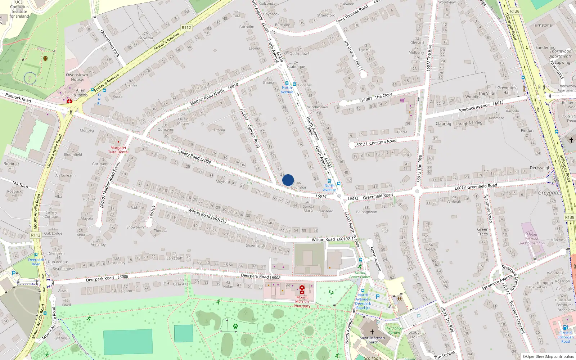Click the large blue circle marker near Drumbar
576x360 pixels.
pos(288,180)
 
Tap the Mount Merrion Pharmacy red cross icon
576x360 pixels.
pos(302,288)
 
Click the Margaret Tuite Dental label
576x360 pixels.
pos(118,150)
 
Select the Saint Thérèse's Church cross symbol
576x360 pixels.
pos(372,332)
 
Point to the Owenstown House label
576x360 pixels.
pos(77,77)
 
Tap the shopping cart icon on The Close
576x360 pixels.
pos(402,100)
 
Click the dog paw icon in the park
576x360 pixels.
pos(235,326)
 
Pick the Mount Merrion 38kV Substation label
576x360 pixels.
pos(532,239)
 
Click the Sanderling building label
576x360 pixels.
pos(545,48)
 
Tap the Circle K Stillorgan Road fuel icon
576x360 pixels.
pos(565,327)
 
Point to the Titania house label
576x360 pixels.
pos(219,130)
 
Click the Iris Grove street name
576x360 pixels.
pos(349,48)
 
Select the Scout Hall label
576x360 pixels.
pos(414,334)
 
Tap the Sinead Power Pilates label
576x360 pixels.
pos(360,275)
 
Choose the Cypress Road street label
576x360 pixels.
pos(253,136)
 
